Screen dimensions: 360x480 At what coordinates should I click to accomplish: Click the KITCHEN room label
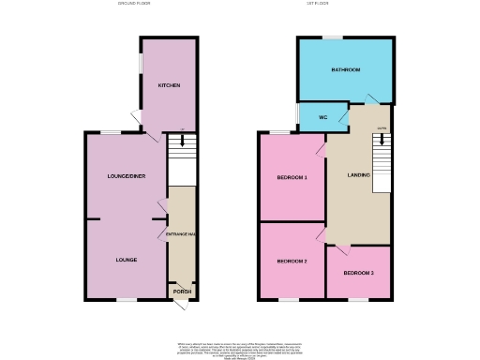pos(169,85)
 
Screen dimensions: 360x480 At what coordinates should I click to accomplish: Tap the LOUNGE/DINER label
pos(126,175)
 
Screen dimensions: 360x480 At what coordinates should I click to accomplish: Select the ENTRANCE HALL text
pos(180,233)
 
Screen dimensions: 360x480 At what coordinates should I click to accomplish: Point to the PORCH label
pos(181,292)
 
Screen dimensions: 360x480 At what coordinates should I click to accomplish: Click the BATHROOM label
pos(345,70)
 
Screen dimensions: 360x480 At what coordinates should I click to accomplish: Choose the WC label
pos(310,117)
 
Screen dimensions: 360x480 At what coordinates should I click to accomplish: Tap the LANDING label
pos(358,175)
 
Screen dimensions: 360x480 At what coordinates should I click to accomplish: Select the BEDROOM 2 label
pos(292,261)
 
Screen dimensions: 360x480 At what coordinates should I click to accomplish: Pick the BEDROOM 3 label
pos(358,273)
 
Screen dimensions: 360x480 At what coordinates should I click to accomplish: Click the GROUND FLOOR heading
pos(134,4)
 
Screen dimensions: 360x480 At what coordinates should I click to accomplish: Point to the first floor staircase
pos(381,159)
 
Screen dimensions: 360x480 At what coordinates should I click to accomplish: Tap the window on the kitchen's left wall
pos(142,70)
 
